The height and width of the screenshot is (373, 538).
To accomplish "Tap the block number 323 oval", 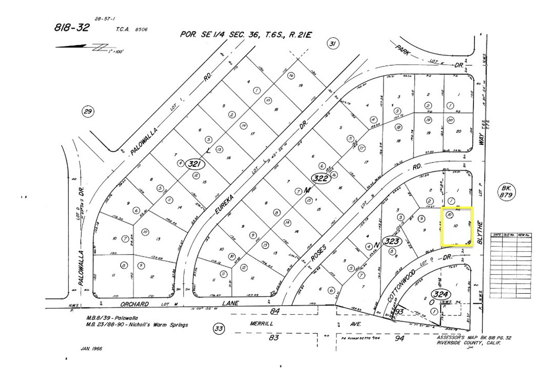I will click(x=393, y=241).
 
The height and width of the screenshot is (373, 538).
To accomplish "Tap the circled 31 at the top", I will click(x=332, y=44).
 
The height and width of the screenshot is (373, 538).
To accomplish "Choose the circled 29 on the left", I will click(x=88, y=111).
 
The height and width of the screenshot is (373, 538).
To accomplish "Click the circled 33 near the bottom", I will click(x=219, y=329).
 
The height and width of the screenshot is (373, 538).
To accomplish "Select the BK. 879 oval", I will click(x=506, y=191).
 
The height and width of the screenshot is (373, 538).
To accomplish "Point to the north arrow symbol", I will click(x=84, y=47).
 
